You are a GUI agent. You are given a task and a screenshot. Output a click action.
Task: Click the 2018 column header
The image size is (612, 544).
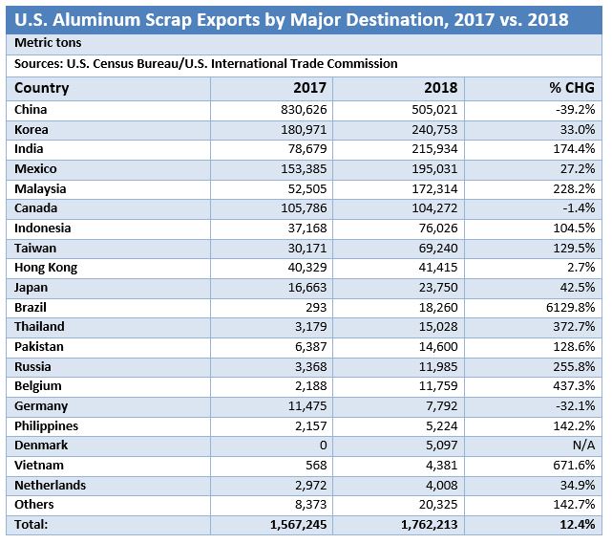coord(442,88)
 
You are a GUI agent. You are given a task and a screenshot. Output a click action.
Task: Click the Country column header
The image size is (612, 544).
coord(42,88)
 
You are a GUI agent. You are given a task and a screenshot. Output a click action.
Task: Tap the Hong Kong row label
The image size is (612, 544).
coord(46,268)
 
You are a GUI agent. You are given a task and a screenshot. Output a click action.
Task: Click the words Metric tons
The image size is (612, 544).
coord(48,43)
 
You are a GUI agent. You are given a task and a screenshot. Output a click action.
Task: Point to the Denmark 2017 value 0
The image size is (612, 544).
coord(324,446)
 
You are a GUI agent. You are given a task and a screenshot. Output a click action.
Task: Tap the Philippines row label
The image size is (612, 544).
coord(47,425)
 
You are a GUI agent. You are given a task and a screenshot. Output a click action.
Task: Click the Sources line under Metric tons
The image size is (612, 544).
coord(205,64)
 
